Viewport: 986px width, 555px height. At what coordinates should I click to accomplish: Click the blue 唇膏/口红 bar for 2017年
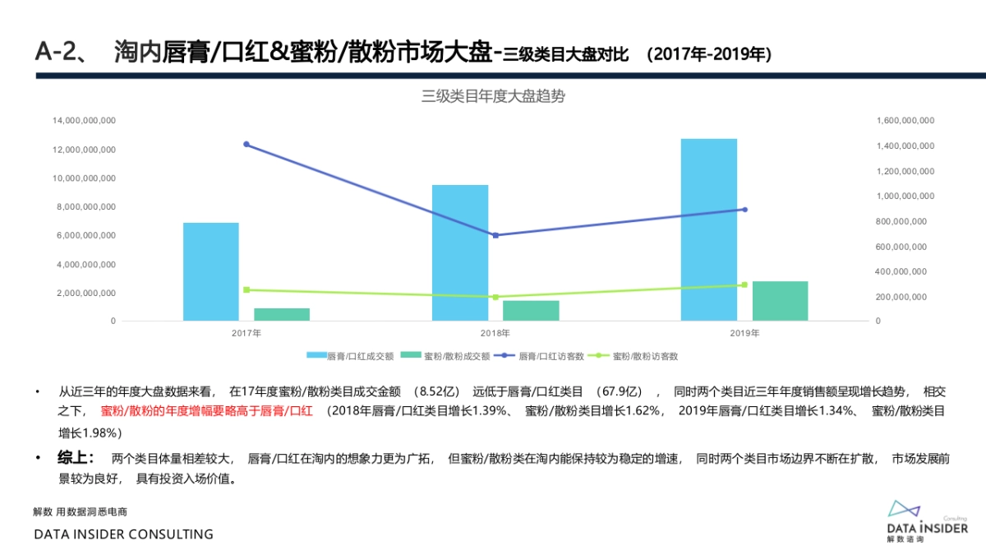[210, 271]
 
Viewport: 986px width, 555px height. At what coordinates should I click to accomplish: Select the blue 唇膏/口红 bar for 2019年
[708, 229]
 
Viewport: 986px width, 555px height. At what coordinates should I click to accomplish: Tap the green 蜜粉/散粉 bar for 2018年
[531, 311]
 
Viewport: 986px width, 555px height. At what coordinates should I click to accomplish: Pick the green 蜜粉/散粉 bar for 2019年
[780, 301]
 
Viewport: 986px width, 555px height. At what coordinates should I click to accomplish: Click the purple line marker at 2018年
[495, 235]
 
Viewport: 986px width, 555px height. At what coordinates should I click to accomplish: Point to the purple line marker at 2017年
[246, 145]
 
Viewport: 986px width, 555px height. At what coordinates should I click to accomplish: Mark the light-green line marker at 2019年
[744, 284]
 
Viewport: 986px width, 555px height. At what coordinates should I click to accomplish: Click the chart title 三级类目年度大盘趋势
[493, 96]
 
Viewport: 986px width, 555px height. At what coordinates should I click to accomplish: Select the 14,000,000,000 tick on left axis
[84, 121]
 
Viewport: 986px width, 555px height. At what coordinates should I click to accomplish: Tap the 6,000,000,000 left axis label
[86, 236]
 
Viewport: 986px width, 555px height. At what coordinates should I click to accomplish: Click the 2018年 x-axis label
[495, 334]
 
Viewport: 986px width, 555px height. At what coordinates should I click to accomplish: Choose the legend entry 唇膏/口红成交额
[350, 356]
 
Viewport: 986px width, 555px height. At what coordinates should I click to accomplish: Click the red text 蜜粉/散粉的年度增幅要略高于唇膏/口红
[206, 410]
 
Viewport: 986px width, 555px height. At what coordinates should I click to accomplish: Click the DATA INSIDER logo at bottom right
[927, 520]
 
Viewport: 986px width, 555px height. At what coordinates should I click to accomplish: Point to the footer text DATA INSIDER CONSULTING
[123, 534]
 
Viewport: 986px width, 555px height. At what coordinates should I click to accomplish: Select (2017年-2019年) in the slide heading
[708, 55]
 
